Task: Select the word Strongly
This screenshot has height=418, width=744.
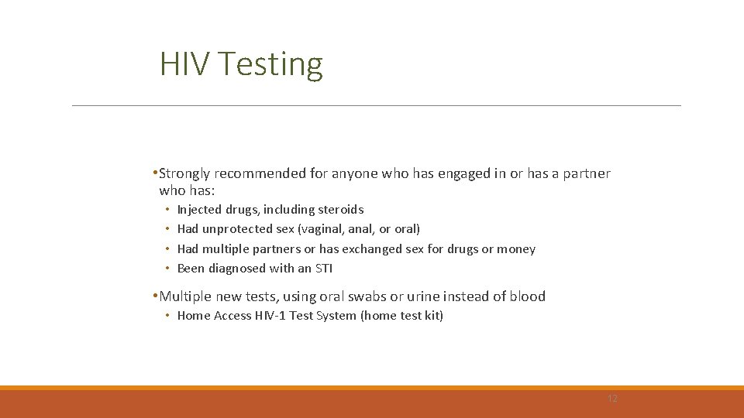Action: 184,173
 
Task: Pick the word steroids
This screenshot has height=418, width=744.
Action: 340,210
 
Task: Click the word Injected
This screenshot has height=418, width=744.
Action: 199,210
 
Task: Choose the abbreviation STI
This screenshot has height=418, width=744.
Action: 322,269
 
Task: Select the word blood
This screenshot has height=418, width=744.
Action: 528,296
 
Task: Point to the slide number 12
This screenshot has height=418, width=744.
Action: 612,399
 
